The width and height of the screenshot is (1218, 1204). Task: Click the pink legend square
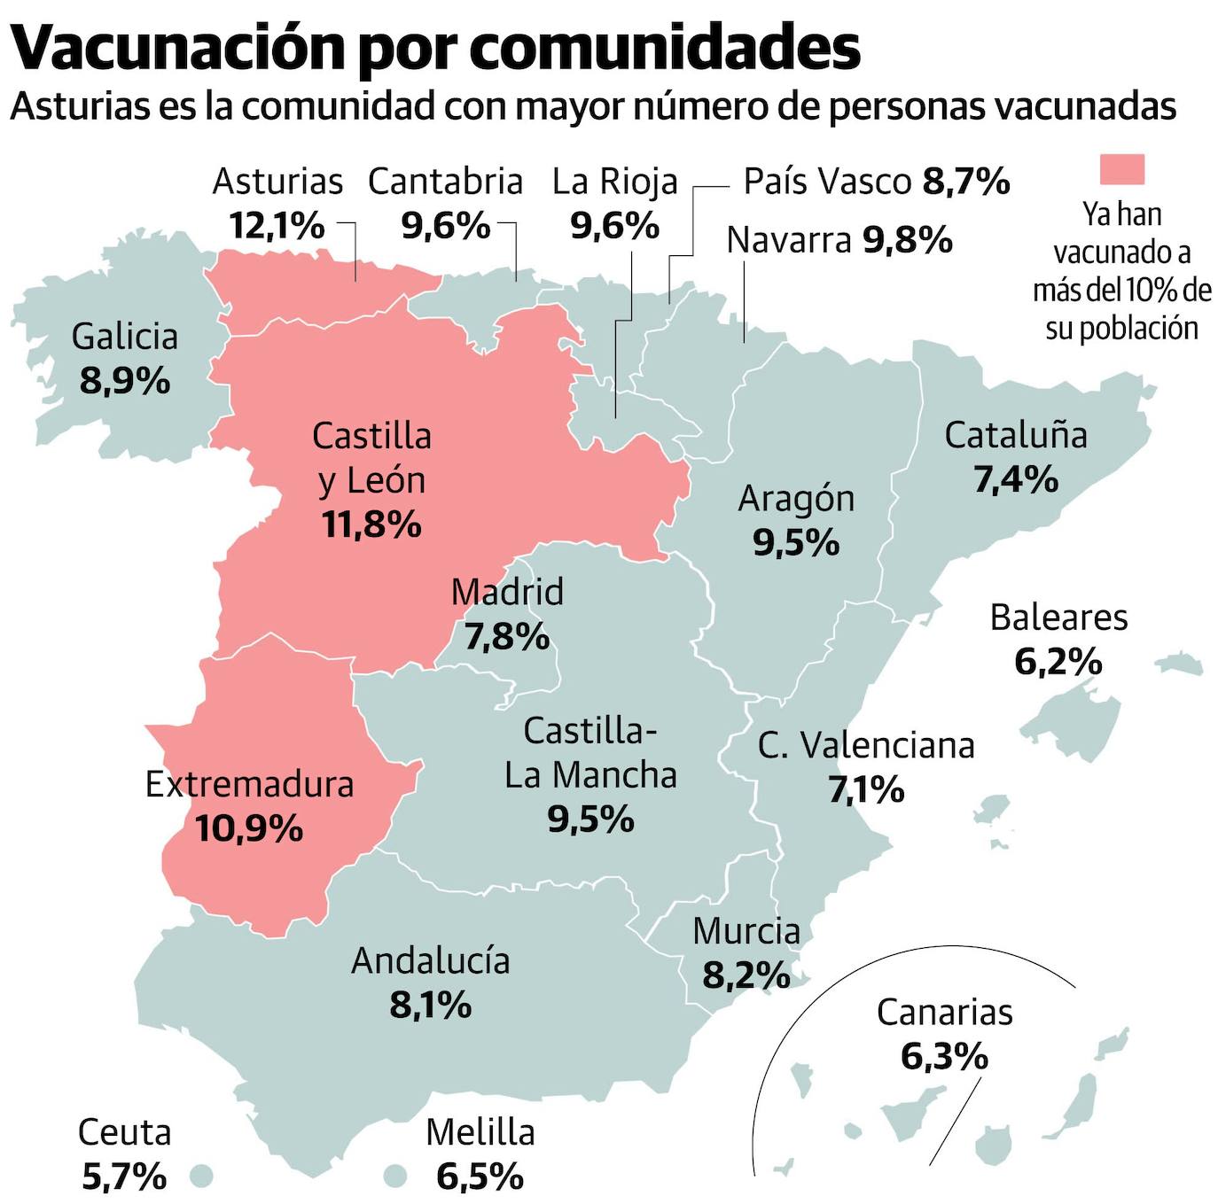point(1121,168)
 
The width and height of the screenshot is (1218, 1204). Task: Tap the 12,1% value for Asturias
point(277,225)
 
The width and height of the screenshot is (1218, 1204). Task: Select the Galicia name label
point(125,337)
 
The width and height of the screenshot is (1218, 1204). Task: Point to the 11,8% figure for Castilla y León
point(371,524)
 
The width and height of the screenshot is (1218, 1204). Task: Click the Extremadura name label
point(249,784)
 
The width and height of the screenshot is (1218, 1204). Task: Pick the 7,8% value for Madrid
point(507,636)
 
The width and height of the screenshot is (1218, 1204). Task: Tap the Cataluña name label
point(1015,435)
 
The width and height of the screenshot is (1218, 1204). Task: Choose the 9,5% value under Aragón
point(796,542)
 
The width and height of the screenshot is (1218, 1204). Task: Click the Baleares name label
point(1058,618)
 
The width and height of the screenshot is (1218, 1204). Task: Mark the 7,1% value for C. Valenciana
point(866,788)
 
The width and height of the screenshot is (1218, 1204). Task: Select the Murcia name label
point(746,931)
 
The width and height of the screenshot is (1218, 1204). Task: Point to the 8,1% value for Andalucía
point(430,1005)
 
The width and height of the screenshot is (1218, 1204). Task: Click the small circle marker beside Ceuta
point(201,1176)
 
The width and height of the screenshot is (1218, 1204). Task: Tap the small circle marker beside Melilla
point(395,1176)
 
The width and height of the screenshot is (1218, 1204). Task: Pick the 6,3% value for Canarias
point(944,1056)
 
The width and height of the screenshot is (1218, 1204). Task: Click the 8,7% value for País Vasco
point(966,182)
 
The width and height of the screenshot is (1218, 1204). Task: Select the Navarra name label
point(788,240)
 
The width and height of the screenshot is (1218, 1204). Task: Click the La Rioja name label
point(614,182)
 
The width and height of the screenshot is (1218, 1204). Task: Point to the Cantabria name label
point(445,182)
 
